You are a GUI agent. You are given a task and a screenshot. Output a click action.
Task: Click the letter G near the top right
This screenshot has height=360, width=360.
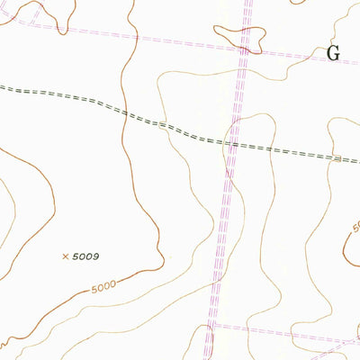[x=334, y=53]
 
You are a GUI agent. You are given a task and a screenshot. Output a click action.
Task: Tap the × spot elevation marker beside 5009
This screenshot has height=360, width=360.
[x=65, y=256]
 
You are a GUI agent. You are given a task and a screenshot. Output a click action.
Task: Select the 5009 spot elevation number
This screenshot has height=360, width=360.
[x=85, y=256]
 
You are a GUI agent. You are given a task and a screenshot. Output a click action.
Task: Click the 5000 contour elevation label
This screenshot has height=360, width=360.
[x=104, y=289]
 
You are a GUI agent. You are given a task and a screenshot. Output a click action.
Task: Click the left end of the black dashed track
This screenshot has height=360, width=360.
[x=2, y=87]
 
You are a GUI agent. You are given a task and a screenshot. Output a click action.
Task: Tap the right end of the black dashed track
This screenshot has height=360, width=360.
[x=357, y=160]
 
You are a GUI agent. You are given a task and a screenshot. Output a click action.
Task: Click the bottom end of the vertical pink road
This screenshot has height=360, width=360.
[x=209, y=357]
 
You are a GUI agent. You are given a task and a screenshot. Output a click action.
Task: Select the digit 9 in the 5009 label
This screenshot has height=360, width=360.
[x=94, y=256]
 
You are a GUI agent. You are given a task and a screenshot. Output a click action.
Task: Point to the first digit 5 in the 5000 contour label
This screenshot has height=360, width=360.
[x=94, y=292]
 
